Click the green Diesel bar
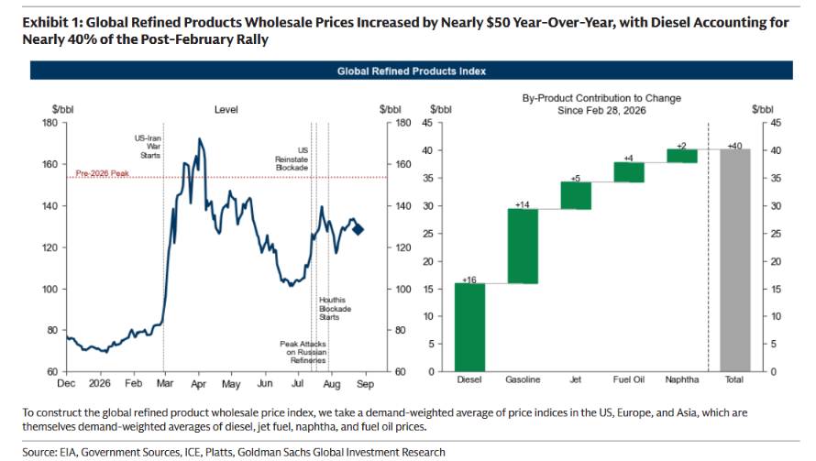(x=469, y=327)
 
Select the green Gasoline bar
(x=523, y=247)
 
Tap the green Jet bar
(x=576, y=195)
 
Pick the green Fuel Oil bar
(x=629, y=172)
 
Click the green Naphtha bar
(x=682, y=156)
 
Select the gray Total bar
(x=734, y=260)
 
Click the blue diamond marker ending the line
(x=358, y=229)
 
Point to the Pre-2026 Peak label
(x=103, y=173)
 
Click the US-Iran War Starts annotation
(x=148, y=147)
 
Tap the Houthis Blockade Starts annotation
(x=335, y=309)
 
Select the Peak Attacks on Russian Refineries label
(x=303, y=352)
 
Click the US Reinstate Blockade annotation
(x=292, y=159)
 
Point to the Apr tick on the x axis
(x=198, y=384)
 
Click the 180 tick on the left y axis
(x=50, y=123)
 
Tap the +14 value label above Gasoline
(x=522, y=204)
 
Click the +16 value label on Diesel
(x=469, y=280)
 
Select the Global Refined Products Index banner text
(x=411, y=71)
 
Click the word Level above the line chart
(x=226, y=110)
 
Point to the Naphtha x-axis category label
(x=682, y=379)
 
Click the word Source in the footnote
(x=40, y=452)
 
